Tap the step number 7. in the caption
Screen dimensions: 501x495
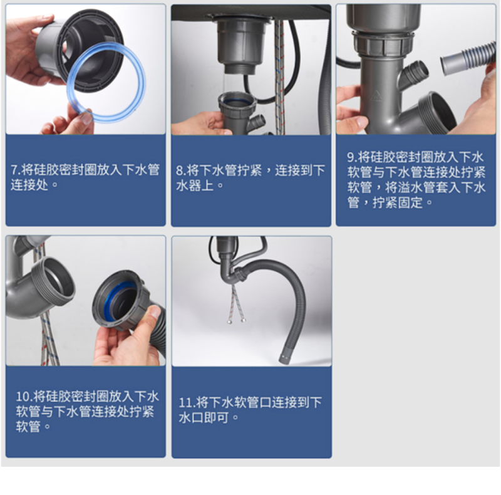point(16,170)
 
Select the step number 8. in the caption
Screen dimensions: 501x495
point(181,170)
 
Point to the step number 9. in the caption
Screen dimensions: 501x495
point(352,157)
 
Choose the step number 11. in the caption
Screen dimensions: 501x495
point(187,402)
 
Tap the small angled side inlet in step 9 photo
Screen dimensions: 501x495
point(414,73)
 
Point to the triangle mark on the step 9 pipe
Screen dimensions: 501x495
point(376,96)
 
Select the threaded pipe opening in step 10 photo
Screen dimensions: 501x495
point(53,279)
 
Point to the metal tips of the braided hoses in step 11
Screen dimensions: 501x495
point(237,320)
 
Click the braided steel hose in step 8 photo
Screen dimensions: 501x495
point(279,76)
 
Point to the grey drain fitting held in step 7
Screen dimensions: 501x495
point(80,51)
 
